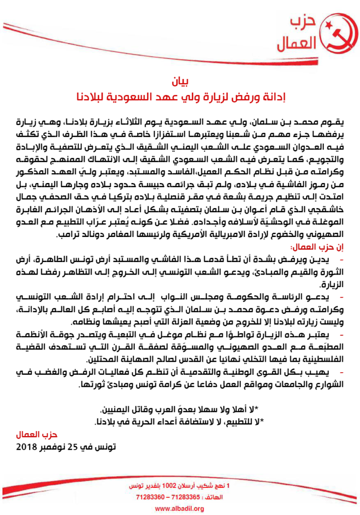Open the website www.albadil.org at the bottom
tap(179, 508)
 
